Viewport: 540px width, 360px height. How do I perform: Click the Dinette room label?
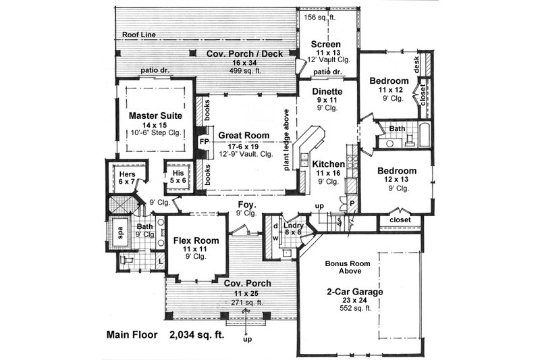[327, 91]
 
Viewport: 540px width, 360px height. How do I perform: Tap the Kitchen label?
[329, 164]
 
